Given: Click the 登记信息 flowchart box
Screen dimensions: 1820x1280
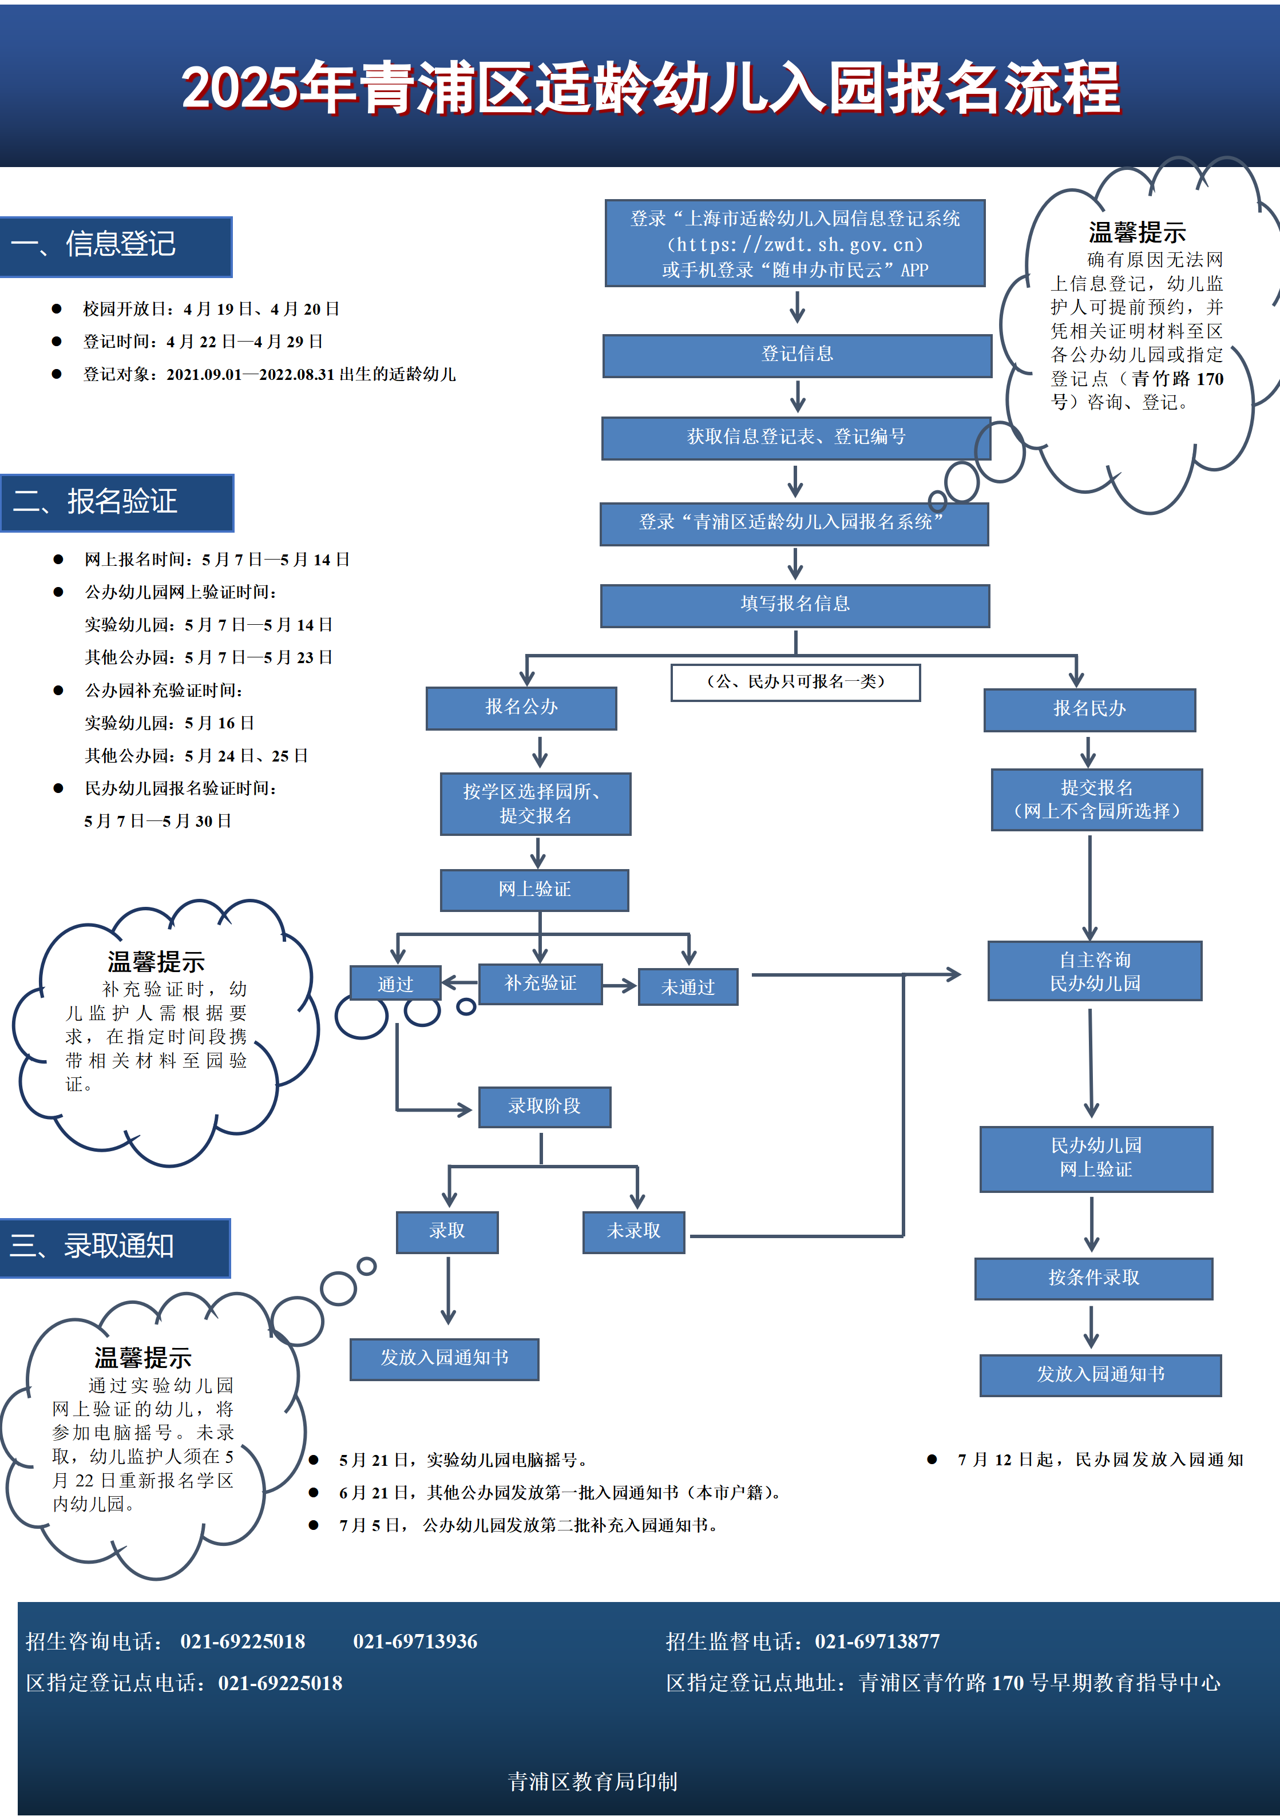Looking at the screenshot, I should coord(796,355).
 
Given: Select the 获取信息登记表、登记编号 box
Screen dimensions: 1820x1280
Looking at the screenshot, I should coord(796,438).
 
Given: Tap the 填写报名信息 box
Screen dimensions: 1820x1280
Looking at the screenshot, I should coord(795,605).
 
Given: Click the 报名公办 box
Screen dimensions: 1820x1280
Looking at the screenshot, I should coord(521,708).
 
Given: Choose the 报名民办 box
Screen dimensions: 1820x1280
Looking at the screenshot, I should coord(1089,709).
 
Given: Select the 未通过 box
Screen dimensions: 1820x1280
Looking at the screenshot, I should coord(688,987).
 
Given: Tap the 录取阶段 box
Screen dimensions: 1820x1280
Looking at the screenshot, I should coord(545,1107).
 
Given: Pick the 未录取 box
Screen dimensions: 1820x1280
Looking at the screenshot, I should coord(633,1232).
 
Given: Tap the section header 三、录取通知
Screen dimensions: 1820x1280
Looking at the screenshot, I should coord(115,1248).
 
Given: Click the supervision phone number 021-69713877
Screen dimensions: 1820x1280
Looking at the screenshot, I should coord(877,1641).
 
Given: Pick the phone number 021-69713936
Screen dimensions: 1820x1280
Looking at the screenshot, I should coord(415,1641).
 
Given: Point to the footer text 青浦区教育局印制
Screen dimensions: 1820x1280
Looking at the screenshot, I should coord(593,1782).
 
